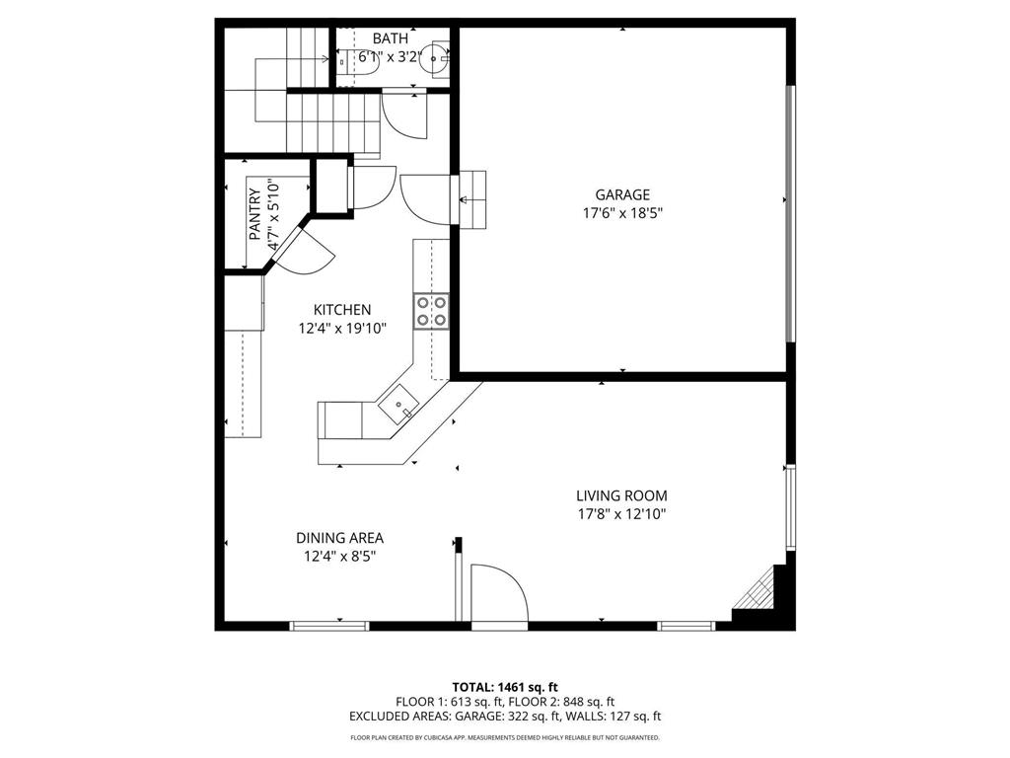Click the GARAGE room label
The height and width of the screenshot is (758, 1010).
[x=621, y=194]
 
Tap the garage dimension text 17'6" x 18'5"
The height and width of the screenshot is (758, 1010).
[x=621, y=212]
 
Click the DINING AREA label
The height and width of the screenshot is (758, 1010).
[x=339, y=538]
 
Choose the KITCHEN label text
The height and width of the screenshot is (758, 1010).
[x=342, y=309]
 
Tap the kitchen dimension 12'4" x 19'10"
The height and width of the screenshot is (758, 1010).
[x=342, y=328]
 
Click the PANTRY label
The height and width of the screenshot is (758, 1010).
[x=254, y=214]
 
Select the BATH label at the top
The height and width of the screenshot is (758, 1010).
[x=390, y=38]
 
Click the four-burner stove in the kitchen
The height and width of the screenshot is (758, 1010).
[x=432, y=310]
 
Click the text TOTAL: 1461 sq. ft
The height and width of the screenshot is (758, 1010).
[x=505, y=686]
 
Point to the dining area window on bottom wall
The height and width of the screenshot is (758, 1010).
[x=329, y=625]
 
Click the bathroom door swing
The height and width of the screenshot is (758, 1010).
[x=404, y=116]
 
